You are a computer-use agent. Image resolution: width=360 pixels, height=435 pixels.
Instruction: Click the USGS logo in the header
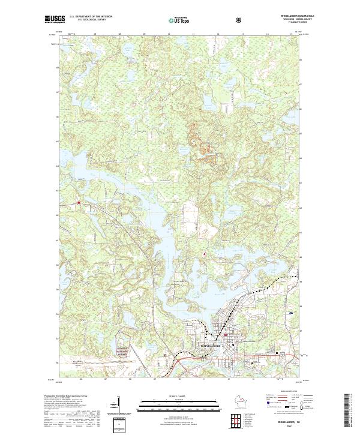[x=55, y=20]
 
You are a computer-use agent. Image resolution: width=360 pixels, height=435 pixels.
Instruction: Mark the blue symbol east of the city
[x=291, y=314]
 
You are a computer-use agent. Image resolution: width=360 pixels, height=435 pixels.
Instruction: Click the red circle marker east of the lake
[x=205, y=254]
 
